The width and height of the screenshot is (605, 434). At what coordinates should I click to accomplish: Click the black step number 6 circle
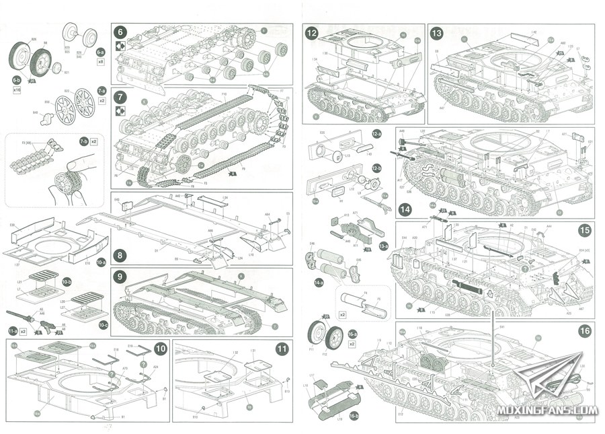(x=120, y=32)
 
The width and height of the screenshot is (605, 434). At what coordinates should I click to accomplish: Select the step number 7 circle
(x=120, y=97)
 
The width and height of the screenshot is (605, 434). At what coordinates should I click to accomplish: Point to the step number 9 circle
(x=120, y=277)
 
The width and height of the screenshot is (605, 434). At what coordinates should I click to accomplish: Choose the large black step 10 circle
(x=161, y=349)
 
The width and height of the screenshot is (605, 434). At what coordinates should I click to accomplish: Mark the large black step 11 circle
(x=282, y=349)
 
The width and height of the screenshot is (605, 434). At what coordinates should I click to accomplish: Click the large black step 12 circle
(x=312, y=33)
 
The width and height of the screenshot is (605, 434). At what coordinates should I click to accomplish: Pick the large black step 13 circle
(x=436, y=33)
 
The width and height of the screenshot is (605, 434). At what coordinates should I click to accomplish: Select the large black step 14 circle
(x=404, y=209)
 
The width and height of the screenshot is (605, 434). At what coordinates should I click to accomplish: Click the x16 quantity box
(x=17, y=89)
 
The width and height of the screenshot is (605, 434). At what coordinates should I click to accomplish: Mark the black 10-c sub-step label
(x=102, y=305)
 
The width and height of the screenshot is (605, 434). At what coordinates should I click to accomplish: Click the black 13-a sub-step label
(x=384, y=246)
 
